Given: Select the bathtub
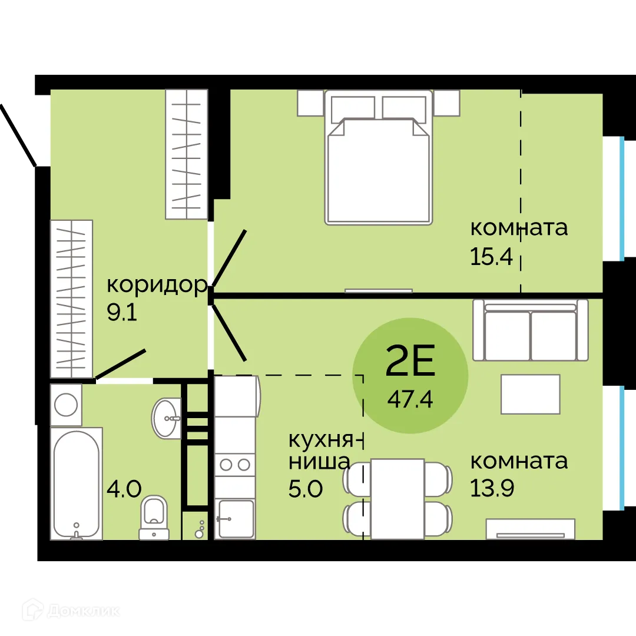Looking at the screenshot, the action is pyautogui.click(x=76, y=483).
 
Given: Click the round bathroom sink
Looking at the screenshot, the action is pyautogui.click(x=166, y=418).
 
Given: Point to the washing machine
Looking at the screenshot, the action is pyautogui.click(x=66, y=405).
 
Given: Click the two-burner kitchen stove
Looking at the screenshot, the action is pyautogui.click(x=235, y=465).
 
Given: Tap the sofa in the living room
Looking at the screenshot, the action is pyautogui.click(x=531, y=330).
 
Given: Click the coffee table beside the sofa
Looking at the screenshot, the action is pyautogui.click(x=531, y=394).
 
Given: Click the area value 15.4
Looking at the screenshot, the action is pyautogui.click(x=491, y=256).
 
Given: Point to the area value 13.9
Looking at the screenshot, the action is pyautogui.click(x=492, y=488).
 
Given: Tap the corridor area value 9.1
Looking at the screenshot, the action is pyautogui.click(x=122, y=312).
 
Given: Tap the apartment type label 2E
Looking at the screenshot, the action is pyautogui.click(x=410, y=360).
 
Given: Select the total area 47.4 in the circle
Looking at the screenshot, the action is pyautogui.click(x=410, y=400).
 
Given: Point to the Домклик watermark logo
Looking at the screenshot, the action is pyautogui.click(x=71, y=611).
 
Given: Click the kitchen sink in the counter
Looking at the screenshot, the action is pyautogui.click(x=235, y=518).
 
